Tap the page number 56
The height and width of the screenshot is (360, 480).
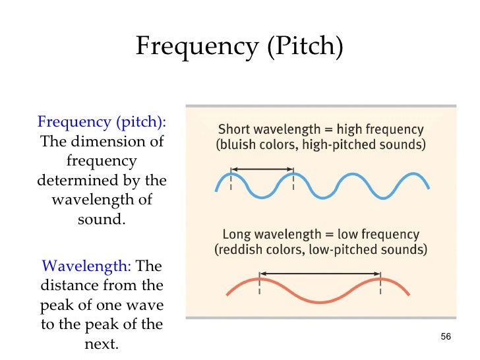point(445,337)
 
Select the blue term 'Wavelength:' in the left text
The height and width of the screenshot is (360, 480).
point(86,266)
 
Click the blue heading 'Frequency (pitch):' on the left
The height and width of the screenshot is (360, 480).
point(102,123)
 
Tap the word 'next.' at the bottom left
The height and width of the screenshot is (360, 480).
point(102,344)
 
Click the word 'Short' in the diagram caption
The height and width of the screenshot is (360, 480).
point(233,129)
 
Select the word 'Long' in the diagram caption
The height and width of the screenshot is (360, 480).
point(237,235)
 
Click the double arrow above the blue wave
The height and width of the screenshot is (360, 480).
point(262,167)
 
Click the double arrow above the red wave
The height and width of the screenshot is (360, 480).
point(320,273)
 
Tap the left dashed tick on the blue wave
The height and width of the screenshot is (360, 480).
point(231,183)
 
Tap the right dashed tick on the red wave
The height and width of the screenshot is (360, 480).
point(380,288)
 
